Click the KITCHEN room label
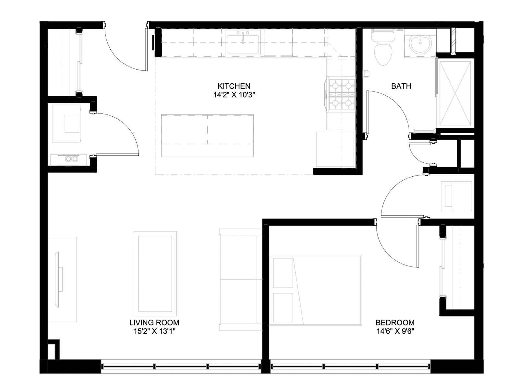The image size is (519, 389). [234, 86]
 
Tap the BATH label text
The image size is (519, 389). [401, 86]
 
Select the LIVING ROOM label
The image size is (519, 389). [154, 323]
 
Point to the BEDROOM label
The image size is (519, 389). [395, 323]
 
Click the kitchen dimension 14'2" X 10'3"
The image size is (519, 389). [234, 95]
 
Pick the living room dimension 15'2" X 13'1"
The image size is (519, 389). [154, 331]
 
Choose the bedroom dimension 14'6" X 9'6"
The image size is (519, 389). [395, 331]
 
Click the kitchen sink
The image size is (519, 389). [243, 42]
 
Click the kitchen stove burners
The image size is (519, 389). [342, 94]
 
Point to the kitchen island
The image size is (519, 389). [207, 136]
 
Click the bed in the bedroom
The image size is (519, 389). [315, 290]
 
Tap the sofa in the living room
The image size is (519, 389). [240, 279]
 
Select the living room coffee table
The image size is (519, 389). [155, 274]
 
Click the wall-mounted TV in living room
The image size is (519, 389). [57, 280]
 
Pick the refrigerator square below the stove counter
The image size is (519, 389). [335, 149]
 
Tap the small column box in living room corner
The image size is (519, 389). [54, 349]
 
